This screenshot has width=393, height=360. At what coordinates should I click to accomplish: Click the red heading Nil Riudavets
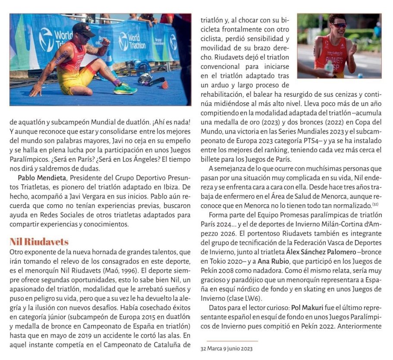click(39, 241)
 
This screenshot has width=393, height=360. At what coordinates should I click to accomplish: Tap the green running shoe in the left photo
click(125, 89)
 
